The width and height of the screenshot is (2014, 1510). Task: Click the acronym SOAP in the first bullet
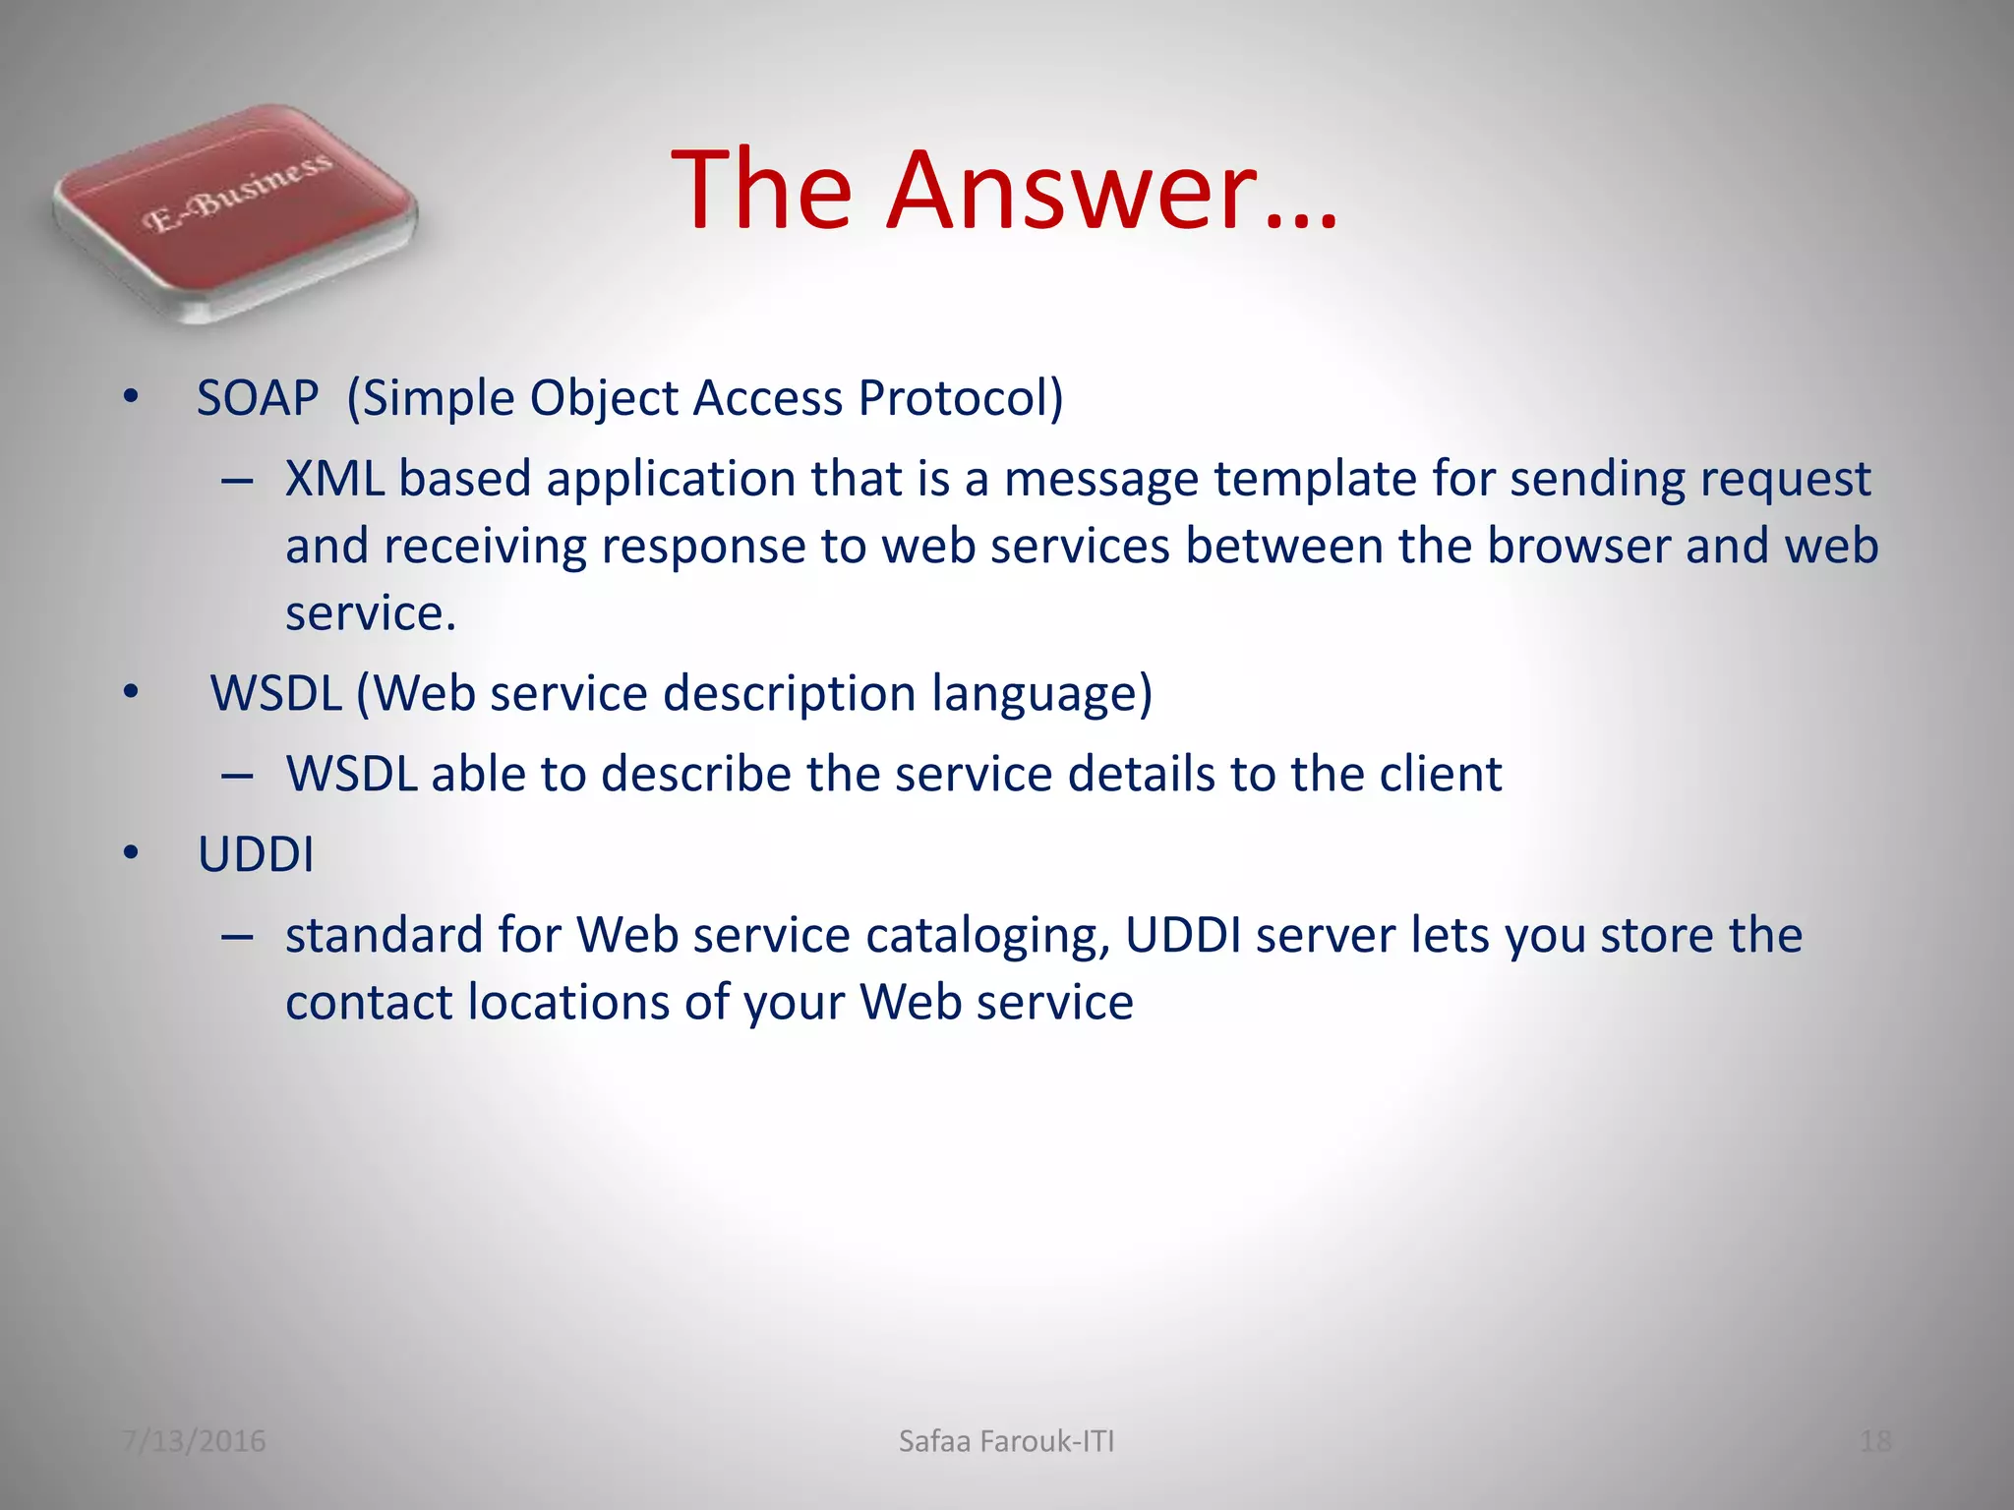point(258,399)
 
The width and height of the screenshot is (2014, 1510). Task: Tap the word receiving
point(486,547)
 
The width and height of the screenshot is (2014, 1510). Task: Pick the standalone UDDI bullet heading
point(256,855)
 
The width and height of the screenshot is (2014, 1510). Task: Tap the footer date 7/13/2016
point(194,1441)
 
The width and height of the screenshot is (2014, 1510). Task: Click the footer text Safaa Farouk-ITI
point(1006,1441)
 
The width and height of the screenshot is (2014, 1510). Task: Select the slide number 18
point(1875,1441)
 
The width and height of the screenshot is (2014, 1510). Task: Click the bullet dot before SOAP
point(131,399)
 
